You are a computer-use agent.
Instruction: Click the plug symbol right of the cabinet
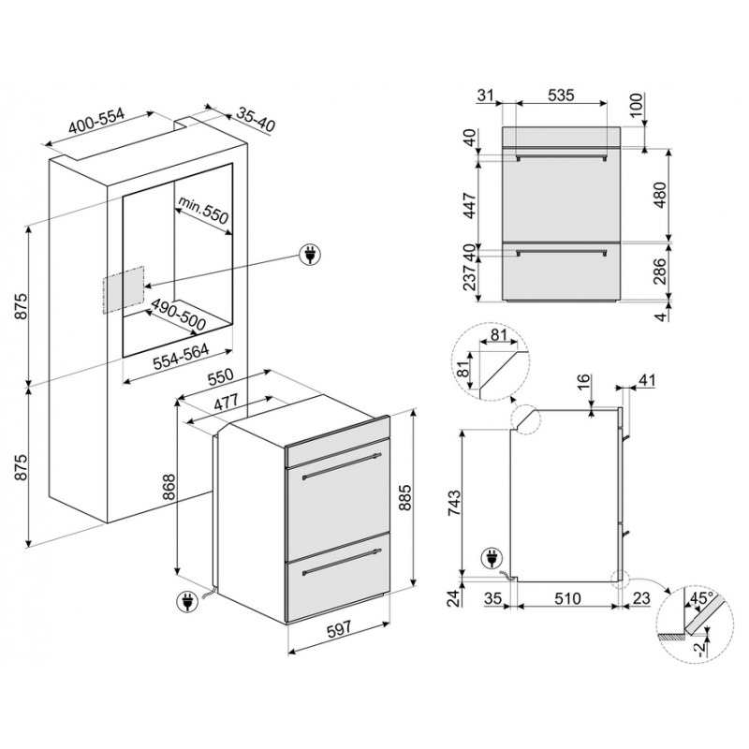[308, 254]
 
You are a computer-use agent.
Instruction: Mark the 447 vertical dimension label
[470, 203]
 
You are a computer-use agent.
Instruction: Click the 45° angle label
[701, 596]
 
